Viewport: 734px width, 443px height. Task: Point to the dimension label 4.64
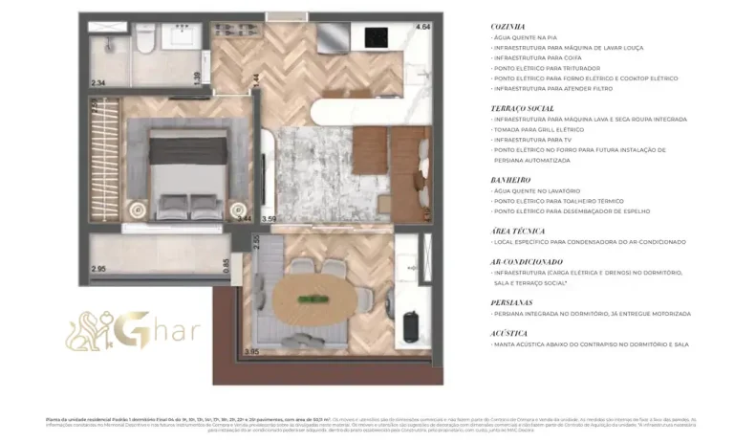click(x=421, y=27)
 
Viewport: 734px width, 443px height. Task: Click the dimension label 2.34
click(x=97, y=83)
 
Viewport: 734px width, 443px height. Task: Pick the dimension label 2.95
click(x=97, y=269)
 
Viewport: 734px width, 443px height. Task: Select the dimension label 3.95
click(x=251, y=352)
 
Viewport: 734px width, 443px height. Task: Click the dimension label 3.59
click(x=269, y=219)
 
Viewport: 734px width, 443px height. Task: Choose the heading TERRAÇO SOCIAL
click(x=523, y=109)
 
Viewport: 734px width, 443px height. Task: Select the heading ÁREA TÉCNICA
click(x=517, y=231)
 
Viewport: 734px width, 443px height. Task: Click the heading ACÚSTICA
click(x=510, y=332)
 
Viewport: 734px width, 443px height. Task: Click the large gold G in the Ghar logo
click(x=135, y=330)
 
